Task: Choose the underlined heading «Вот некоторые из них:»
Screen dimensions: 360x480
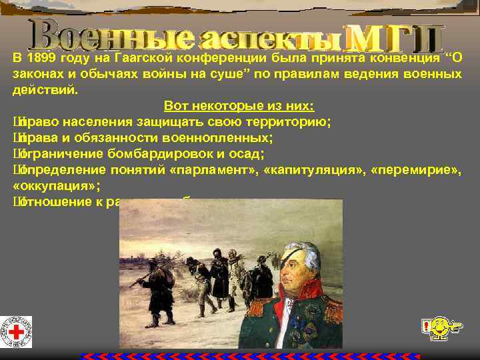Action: (x=239, y=105)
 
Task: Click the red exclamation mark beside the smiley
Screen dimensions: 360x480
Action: (x=425, y=327)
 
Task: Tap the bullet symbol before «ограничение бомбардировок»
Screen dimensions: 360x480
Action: (x=17, y=153)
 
